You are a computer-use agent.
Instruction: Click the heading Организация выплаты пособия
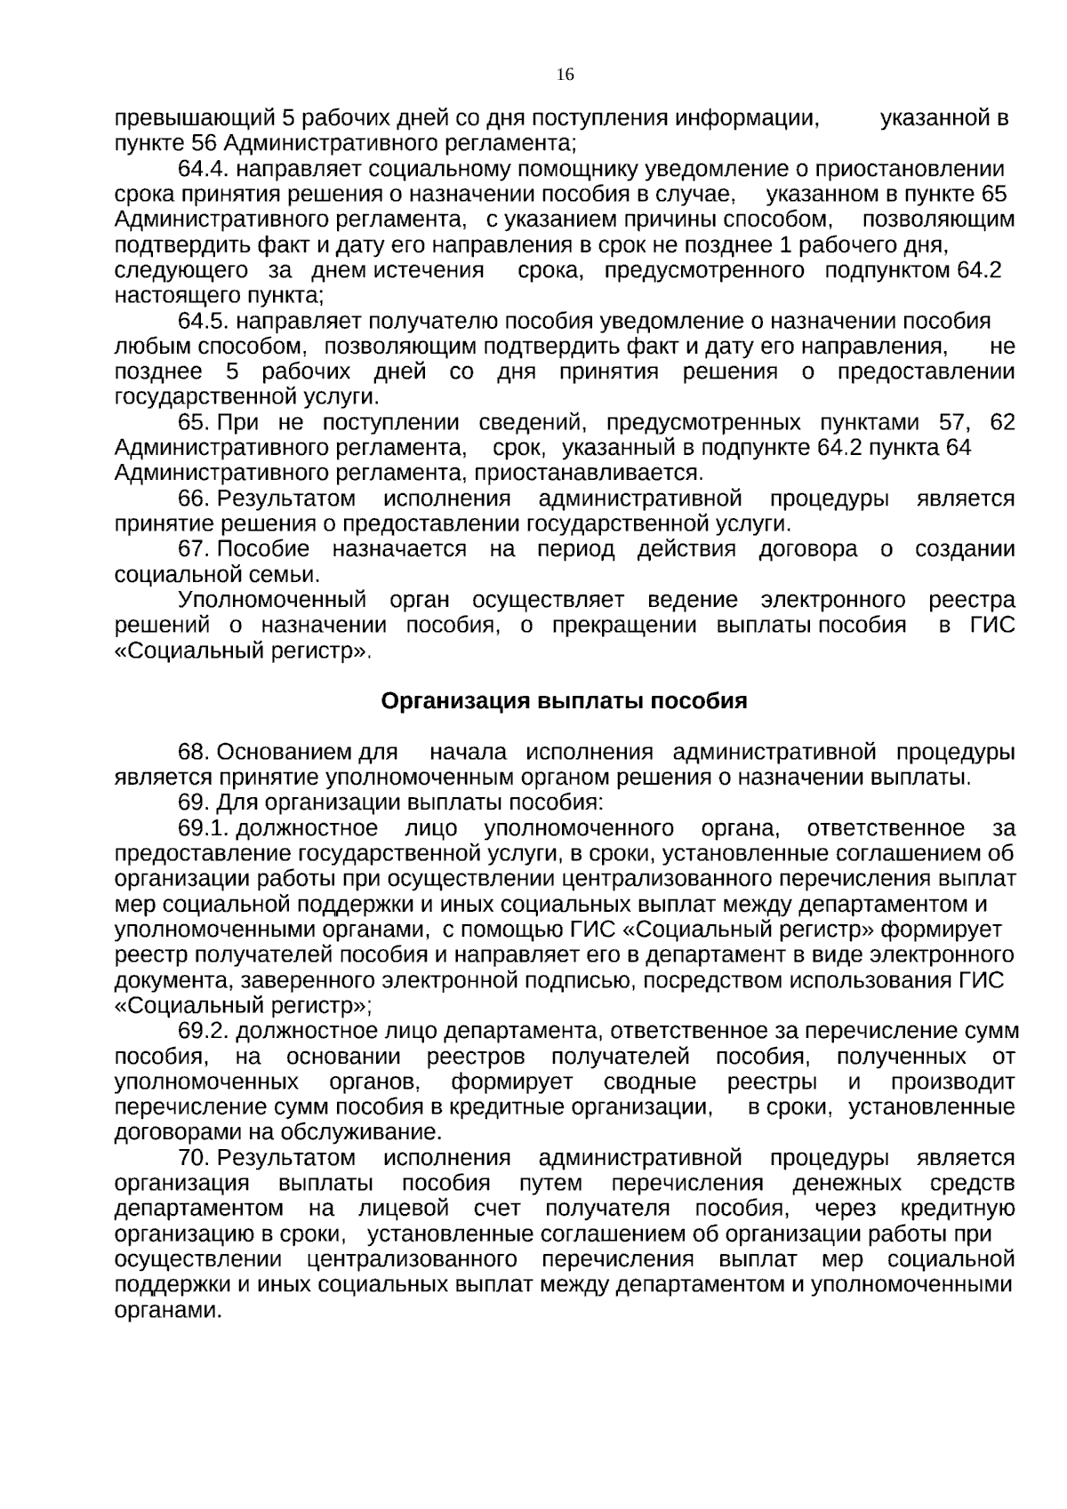(x=564, y=701)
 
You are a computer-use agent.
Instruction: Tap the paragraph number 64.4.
(x=204, y=170)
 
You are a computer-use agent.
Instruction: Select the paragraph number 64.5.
(x=204, y=321)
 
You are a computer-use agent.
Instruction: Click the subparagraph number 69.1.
(x=204, y=829)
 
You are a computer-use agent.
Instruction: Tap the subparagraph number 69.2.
(x=204, y=1032)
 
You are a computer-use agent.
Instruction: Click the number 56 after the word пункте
(x=205, y=143)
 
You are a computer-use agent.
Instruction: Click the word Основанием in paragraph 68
(x=284, y=753)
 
